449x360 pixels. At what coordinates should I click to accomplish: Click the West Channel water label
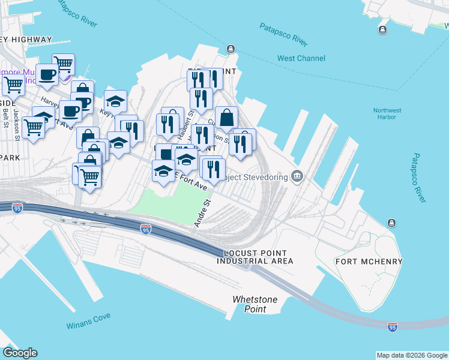click(301, 58)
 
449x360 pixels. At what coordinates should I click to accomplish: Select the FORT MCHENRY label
click(369, 262)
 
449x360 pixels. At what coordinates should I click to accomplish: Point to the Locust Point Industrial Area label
click(255, 257)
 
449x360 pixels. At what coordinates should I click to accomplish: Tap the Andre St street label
click(201, 214)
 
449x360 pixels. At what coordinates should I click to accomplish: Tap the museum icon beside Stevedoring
click(297, 176)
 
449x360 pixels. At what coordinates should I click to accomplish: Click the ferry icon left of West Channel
click(231, 49)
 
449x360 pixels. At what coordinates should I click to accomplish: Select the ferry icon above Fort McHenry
click(392, 223)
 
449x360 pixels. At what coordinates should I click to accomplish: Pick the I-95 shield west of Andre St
click(145, 229)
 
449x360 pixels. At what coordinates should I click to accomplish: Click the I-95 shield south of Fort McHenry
click(393, 326)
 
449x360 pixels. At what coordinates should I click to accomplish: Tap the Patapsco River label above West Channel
click(283, 35)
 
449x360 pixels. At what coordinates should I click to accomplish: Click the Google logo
click(20, 353)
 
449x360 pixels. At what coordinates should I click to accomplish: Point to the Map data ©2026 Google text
click(412, 355)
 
